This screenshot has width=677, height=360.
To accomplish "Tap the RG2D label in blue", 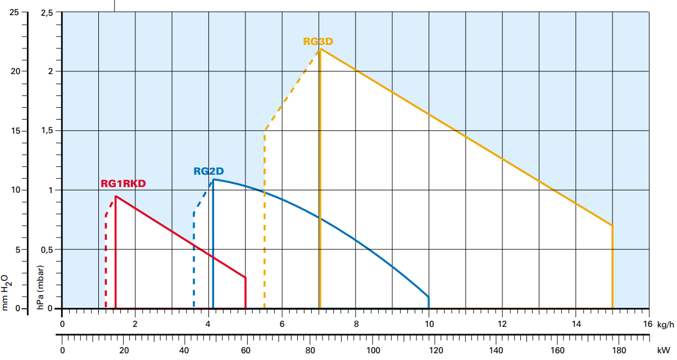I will pyautogui.click(x=208, y=172).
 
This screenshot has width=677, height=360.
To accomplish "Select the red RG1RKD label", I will pyautogui.click(x=123, y=184).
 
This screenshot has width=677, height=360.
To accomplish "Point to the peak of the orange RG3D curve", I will pyautogui.click(x=320, y=49).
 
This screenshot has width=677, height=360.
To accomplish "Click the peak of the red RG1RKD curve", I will pyautogui.click(x=116, y=196).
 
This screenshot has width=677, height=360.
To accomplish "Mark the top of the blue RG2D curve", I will pyautogui.click(x=213, y=180).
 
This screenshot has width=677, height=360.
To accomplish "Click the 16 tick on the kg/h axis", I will pyautogui.click(x=648, y=324).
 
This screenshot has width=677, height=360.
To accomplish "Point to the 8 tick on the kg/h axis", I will pyautogui.click(x=356, y=324).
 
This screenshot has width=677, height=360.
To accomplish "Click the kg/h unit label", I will pyautogui.click(x=664, y=324).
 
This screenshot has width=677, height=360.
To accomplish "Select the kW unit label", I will pyautogui.click(x=665, y=350).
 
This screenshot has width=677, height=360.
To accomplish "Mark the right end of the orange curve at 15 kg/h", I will pyautogui.click(x=612, y=225).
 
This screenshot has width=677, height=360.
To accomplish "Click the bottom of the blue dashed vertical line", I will pyautogui.click(x=194, y=308).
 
